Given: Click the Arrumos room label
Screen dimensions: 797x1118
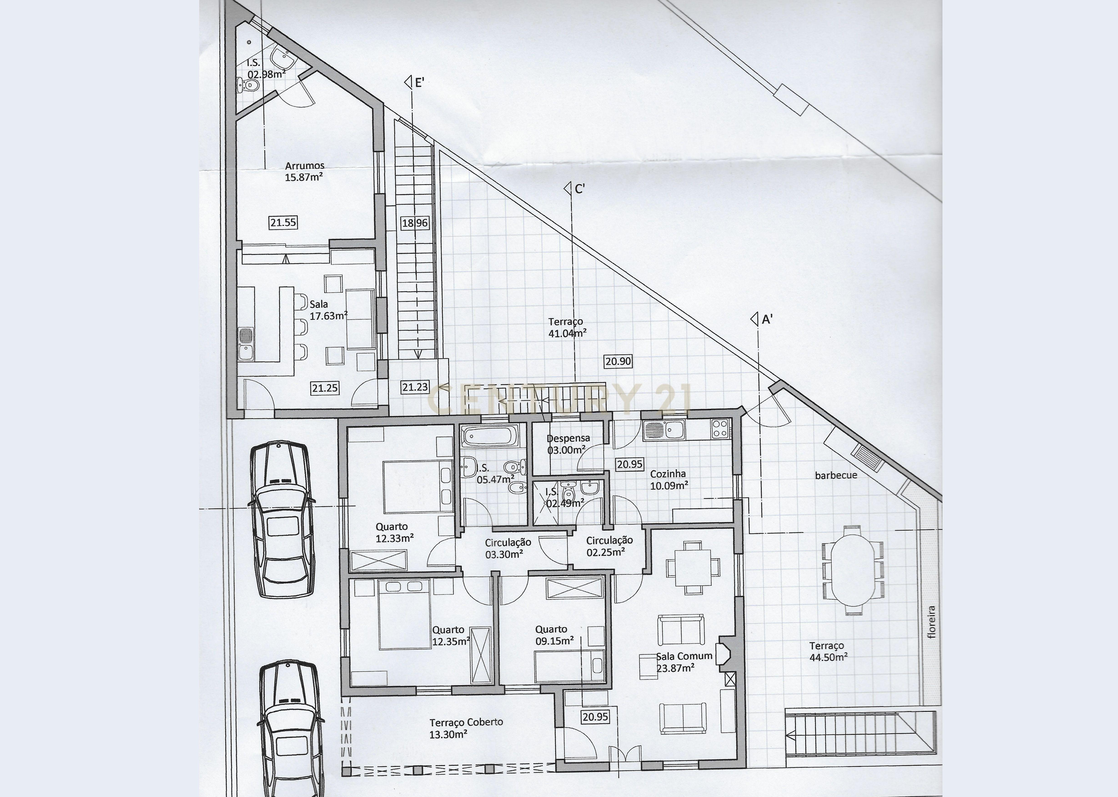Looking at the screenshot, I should pos(304,166).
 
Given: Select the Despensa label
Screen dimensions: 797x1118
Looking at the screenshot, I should pos(568,438).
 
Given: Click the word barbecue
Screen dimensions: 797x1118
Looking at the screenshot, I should pos(836,475).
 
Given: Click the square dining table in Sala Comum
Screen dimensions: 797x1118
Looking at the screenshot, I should pos(693,567).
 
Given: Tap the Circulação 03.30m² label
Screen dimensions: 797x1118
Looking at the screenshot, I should pos(508,542).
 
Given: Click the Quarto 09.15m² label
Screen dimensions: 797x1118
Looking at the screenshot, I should pos(551,629).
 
